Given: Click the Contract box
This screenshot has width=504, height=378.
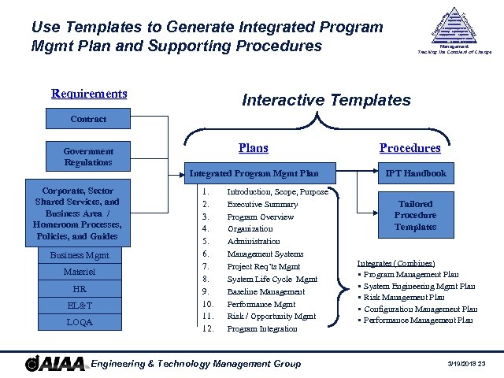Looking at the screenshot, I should [x=87, y=119].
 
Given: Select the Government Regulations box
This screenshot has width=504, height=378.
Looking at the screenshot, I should [x=87, y=157].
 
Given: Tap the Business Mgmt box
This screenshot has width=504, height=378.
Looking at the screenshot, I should [x=79, y=255].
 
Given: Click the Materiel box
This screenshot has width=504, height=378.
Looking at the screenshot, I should [x=79, y=272].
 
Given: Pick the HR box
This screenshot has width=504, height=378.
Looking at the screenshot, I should [x=79, y=288].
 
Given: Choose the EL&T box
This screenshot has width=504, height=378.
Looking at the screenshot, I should [x=79, y=305].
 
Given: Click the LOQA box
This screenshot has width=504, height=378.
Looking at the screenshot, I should [x=79, y=321].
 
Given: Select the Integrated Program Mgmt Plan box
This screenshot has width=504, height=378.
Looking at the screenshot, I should [x=254, y=173].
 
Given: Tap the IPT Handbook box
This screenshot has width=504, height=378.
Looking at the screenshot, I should [x=415, y=173].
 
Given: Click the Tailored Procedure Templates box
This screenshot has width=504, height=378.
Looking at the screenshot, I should [x=415, y=215].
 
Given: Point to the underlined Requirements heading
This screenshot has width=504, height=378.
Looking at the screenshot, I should [x=89, y=94].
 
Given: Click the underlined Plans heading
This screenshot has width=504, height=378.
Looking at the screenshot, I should [x=253, y=147].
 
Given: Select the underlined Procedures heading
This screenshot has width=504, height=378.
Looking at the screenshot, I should [x=409, y=147].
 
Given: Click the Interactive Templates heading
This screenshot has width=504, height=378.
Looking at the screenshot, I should [x=326, y=100].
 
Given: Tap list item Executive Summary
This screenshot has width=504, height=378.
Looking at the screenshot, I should [x=260, y=204].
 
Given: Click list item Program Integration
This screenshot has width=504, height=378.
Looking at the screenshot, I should [x=262, y=328].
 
